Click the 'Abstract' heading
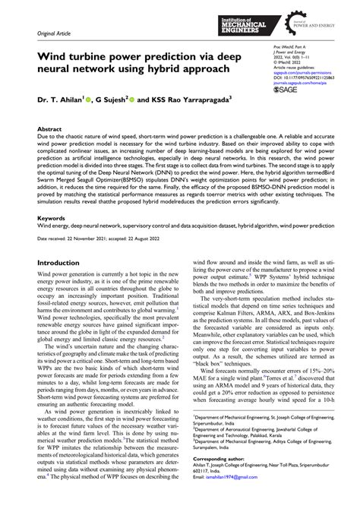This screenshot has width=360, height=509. (50, 130)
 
